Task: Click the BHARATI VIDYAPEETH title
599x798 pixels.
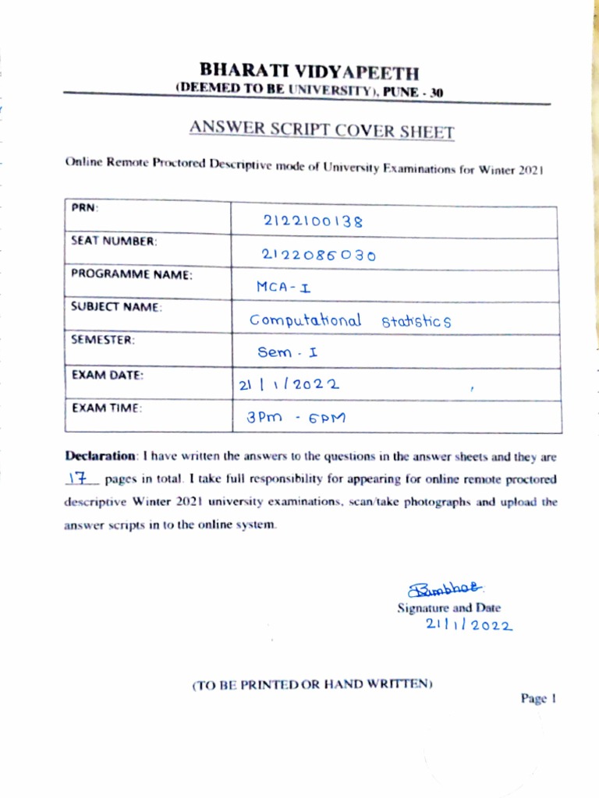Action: [x=309, y=73]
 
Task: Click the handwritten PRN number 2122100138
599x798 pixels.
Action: [x=314, y=221]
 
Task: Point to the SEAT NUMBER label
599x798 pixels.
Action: [x=114, y=242]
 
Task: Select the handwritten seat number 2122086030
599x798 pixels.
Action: [x=319, y=255]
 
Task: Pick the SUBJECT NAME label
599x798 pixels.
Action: [x=116, y=307]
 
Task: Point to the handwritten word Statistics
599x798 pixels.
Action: [x=416, y=321]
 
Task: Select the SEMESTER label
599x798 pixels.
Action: [x=103, y=340]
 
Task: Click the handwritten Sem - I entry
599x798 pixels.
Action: [x=288, y=352]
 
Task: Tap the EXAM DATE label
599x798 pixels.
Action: [x=107, y=374]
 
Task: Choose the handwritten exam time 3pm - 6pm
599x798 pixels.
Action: [x=296, y=418]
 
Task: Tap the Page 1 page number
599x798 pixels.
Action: [x=538, y=699]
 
